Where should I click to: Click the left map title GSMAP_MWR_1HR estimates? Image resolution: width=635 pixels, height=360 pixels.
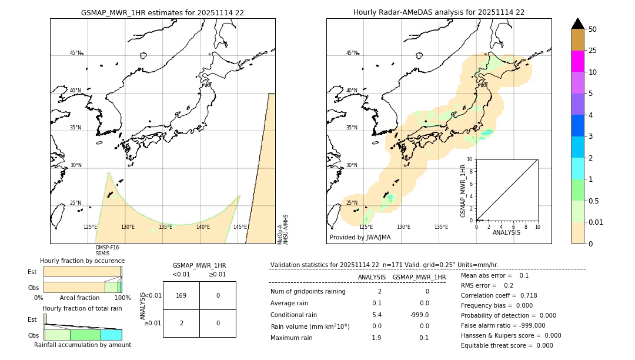click(162, 12)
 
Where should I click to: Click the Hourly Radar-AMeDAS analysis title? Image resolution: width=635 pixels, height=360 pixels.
click(439, 12)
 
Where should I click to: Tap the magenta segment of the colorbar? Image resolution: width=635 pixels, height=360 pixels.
click(577, 61)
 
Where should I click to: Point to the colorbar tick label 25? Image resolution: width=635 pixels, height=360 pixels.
click(593, 51)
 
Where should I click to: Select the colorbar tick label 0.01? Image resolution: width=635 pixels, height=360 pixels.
click(596, 222)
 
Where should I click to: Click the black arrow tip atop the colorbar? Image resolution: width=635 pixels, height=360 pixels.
click(577, 23)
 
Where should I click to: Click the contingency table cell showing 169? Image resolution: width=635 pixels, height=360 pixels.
click(181, 295)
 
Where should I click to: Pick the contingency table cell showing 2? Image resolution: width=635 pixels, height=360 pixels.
click(181, 323)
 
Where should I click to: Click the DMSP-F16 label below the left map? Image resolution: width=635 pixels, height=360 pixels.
click(107, 248)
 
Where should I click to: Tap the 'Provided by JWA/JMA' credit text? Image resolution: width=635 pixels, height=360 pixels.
click(360, 238)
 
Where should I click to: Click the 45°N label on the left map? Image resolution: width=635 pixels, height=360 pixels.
click(75, 53)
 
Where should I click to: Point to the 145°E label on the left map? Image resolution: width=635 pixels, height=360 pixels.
click(240, 227)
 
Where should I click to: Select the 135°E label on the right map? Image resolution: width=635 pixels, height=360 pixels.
click(441, 227)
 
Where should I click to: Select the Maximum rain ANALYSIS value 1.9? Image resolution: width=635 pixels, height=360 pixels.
click(376, 338)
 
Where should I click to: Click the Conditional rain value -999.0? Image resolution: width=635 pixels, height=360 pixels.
click(419, 315)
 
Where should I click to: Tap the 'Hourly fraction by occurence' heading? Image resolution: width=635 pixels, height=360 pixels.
click(82, 261)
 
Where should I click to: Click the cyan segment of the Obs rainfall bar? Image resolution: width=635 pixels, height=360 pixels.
click(111, 335)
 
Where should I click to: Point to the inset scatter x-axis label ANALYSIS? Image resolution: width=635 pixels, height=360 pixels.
click(506, 232)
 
